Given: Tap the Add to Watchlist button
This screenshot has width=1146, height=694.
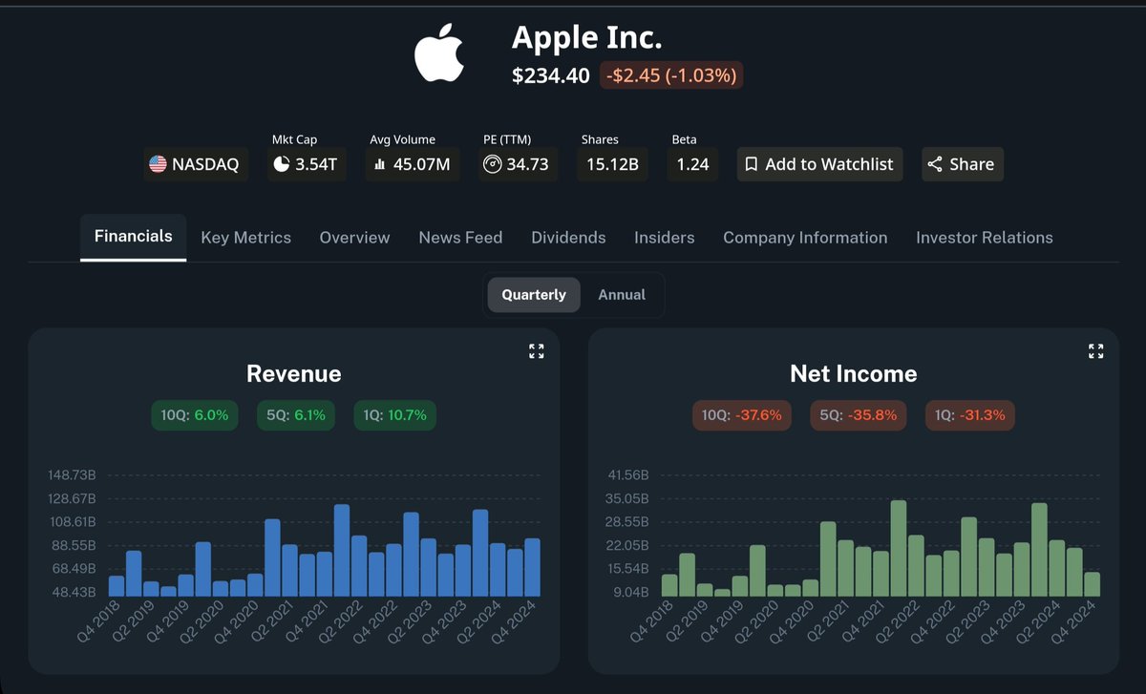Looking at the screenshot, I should click(819, 164).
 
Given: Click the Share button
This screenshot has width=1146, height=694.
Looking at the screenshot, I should click(962, 164).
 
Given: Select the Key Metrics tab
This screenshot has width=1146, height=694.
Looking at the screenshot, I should click(245, 238).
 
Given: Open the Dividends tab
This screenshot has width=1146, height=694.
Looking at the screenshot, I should click(568, 238).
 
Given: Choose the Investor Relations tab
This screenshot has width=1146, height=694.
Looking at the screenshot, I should click(984, 238).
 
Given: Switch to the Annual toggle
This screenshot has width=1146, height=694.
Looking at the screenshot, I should click(622, 295).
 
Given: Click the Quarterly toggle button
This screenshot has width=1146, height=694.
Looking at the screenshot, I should click(534, 295).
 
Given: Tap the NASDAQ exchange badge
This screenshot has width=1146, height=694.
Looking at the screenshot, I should click(197, 164).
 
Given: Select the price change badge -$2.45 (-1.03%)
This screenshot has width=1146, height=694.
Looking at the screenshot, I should click(671, 75).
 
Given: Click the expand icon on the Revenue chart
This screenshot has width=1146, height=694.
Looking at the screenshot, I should click(536, 351).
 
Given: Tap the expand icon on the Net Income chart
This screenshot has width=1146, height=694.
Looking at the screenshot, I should click(1095, 351).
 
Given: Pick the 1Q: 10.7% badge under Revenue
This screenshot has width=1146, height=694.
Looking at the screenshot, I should click(394, 415).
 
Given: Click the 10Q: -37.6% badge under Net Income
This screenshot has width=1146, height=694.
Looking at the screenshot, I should click(741, 415).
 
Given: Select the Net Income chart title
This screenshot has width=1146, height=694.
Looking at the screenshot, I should click(853, 374).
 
